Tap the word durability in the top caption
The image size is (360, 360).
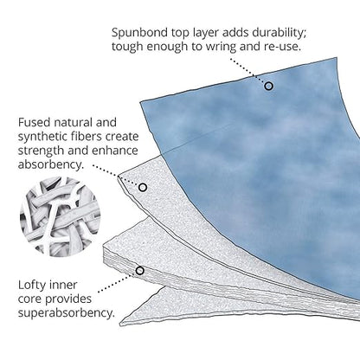click(x=279, y=33)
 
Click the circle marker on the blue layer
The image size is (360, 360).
click(x=268, y=86)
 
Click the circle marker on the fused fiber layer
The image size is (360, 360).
click(x=143, y=188)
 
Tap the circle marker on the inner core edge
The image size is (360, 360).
click(x=140, y=271)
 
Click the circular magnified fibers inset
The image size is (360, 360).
click(x=60, y=217)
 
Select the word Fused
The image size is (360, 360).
click(x=35, y=122)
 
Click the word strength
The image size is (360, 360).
click(x=41, y=151)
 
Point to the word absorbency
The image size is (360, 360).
click(x=51, y=164)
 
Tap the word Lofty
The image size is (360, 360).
click(x=32, y=285)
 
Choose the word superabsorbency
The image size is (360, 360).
click(x=67, y=313)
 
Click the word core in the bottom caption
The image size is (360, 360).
click(x=30, y=299)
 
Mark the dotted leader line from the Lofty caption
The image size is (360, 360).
click(x=118, y=283)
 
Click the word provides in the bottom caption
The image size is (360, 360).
click(x=68, y=299)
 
